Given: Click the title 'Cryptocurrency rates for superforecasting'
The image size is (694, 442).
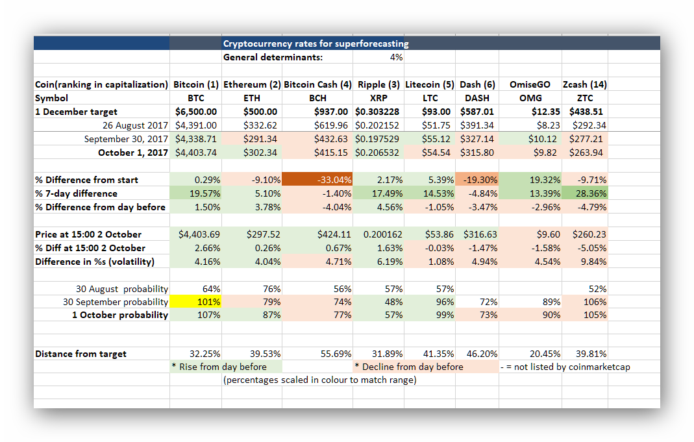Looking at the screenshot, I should click(x=316, y=43).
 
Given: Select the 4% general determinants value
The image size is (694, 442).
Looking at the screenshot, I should click(x=396, y=57).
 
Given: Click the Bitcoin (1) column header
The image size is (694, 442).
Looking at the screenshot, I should click(x=195, y=84).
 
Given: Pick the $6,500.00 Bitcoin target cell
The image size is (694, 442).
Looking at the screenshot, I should click(x=196, y=112).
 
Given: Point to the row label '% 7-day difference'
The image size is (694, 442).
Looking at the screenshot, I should click(x=76, y=193).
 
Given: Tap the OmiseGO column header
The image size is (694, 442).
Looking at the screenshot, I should click(x=530, y=84).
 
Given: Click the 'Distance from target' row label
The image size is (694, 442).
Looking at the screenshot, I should click(x=81, y=354).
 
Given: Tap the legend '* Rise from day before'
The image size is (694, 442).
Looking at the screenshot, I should click(x=219, y=367).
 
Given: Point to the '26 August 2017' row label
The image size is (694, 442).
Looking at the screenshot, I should click(x=136, y=125).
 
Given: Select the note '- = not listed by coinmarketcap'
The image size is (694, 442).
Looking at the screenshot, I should click(x=565, y=367).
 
